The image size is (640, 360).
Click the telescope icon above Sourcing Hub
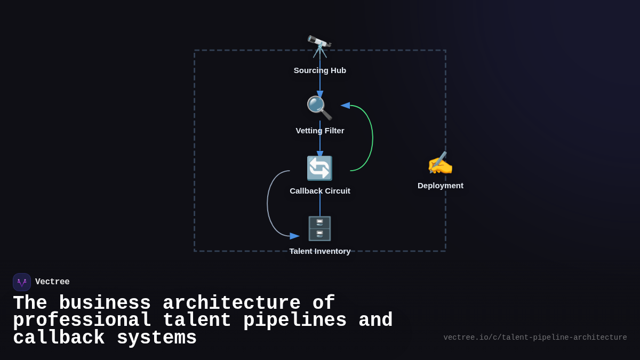click(x=319, y=46)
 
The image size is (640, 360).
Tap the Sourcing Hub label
click(x=320, y=70)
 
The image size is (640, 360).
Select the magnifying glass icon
click(x=319, y=108)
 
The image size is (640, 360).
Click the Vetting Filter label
click(x=320, y=131)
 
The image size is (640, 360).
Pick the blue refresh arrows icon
click(x=319, y=168)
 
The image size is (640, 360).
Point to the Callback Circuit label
click(x=320, y=191)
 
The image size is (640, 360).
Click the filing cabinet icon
click(x=319, y=228)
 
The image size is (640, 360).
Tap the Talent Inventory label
click(x=320, y=251)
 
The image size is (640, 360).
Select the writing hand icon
click(x=440, y=163)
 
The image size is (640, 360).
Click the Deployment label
click(x=441, y=186)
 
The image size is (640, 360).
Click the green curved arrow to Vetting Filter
click(x=372, y=138)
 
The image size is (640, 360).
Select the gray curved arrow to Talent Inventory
click(x=268, y=203)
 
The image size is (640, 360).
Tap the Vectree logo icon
click(x=22, y=282)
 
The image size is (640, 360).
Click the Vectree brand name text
click(x=52, y=282)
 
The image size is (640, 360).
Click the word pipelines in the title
click(x=295, y=321)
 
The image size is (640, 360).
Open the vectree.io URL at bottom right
click(x=535, y=338)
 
